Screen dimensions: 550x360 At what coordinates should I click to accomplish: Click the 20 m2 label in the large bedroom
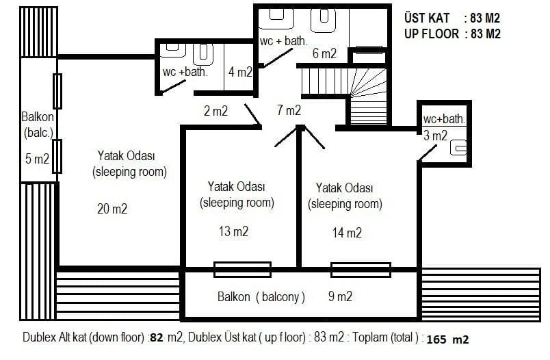pyautogui.click(x=112, y=209)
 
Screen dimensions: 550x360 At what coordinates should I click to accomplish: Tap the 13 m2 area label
pyautogui.click(x=233, y=231)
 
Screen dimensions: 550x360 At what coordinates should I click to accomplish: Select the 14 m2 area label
pyautogui.click(x=347, y=233)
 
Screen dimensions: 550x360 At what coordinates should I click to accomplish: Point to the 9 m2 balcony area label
pyautogui.click(x=340, y=296)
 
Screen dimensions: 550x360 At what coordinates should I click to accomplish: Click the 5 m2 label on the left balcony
pyautogui.click(x=37, y=159)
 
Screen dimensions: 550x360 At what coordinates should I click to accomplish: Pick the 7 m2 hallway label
pyautogui.click(x=289, y=110)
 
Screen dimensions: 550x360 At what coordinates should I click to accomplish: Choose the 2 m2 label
pyautogui.click(x=215, y=111)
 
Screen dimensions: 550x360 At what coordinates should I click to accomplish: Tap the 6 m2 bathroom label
pyautogui.click(x=324, y=53)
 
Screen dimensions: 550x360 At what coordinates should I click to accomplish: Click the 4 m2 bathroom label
pyautogui.click(x=240, y=72)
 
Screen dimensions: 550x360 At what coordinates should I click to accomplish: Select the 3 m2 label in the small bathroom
pyautogui.click(x=435, y=136)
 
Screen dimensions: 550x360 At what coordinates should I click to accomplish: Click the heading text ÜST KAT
pyautogui.click(x=427, y=18)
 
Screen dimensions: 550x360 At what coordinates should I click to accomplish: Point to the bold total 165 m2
pyautogui.click(x=447, y=339)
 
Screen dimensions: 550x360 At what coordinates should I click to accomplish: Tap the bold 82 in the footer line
pyautogui.click(x=157, y=337)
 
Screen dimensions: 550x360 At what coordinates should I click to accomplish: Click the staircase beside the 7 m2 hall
pyautogui.click(x=344, y=94)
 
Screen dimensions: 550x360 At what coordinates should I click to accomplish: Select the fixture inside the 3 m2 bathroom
pyautogui.click(x=458, y=147)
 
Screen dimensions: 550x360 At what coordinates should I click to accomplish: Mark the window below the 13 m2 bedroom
pyautogui.click(x=242, y=270)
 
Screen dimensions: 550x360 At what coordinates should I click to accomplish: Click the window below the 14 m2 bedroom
pyautogui.click(x=361, y=270)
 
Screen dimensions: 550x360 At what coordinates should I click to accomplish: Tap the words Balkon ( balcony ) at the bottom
pyautogui.click(x=261, y=297)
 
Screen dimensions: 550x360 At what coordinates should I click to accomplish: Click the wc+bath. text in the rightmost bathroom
pyautogui.click(x=445, y=119)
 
